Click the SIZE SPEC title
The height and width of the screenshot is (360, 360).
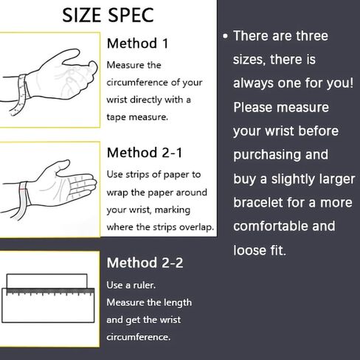[108, 15]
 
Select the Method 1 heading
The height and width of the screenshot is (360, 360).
[138, 44]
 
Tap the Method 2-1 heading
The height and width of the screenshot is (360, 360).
[145, 153]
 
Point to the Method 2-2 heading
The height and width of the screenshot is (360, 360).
[145, 263]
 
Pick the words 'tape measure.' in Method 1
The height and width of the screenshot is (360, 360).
[137, 117]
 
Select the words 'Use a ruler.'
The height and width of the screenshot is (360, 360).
[131, 285]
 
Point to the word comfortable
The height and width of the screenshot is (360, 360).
[271, 226]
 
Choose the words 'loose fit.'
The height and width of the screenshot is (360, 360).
[260, 250]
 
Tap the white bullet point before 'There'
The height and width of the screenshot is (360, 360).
[225, 36]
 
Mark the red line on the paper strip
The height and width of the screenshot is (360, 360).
[23, 190]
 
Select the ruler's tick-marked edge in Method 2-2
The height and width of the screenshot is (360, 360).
[50, 291]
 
